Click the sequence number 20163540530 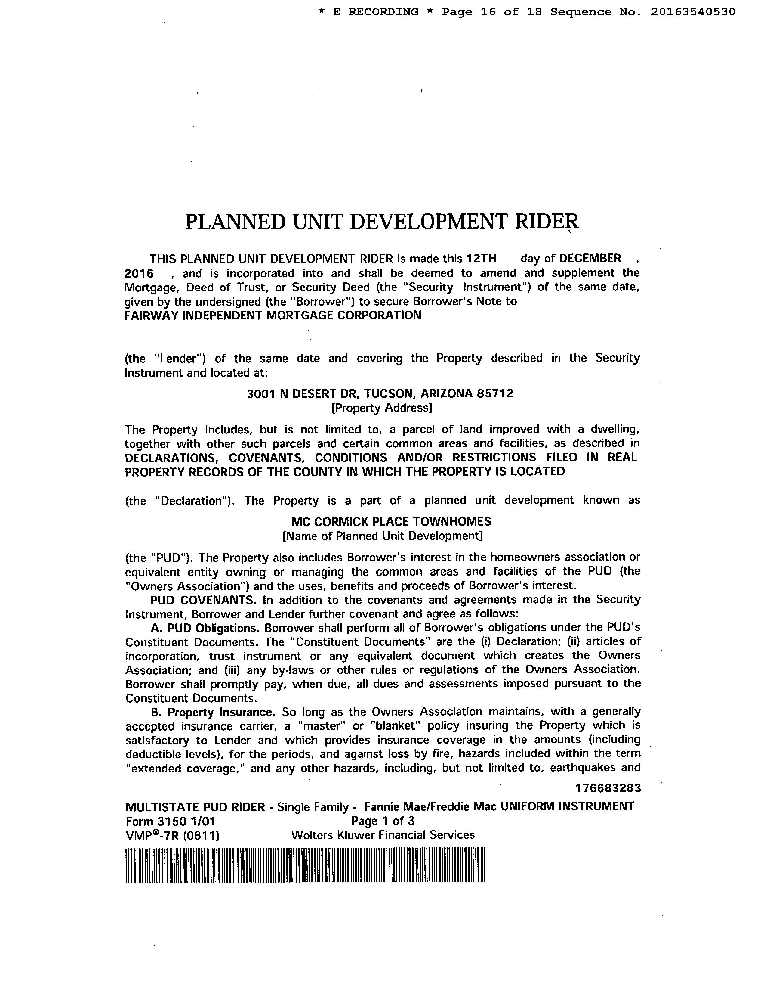[x=693, y=12]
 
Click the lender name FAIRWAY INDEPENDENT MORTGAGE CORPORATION [x=273, y=315]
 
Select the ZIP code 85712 [x=495, y=393]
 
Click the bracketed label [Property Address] [x=381, y=408]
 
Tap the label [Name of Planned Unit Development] [x=382, y=536]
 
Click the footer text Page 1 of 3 [x=382, y=821]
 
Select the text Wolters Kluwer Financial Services [x=383, y=835]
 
